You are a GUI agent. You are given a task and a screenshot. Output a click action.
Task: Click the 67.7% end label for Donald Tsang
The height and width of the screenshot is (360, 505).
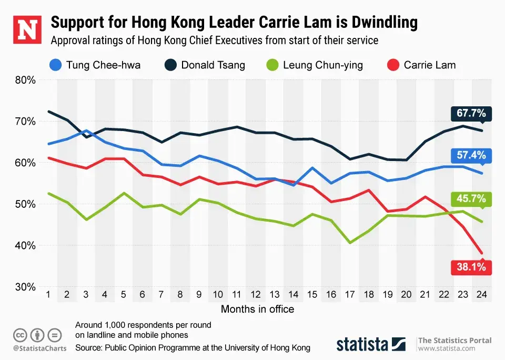[471, 114]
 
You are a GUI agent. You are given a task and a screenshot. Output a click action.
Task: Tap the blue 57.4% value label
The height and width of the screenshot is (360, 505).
[471, 155]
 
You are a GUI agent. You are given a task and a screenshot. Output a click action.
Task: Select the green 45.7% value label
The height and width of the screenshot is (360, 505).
[471, 199]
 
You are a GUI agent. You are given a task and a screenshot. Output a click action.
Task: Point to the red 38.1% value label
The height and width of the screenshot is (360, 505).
[471, 267]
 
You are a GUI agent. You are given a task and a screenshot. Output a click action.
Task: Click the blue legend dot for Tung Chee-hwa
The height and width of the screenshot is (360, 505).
[54, 65]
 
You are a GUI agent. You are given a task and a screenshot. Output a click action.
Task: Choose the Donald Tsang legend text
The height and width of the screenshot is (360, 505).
[213, 65]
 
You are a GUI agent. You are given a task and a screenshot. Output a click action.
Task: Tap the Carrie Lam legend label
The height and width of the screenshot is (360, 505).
[429, 65]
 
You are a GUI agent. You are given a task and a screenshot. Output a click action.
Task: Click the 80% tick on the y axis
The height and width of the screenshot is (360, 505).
[25, 80]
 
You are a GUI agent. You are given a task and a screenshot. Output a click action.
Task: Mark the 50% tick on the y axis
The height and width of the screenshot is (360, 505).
[25, 204]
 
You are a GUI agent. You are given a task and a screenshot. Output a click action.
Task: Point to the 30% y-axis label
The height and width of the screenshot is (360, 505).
[25, 287]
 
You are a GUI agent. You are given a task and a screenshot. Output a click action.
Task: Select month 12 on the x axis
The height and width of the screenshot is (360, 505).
[255, 295]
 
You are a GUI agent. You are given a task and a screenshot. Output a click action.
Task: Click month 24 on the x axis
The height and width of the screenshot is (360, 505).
[481, 295]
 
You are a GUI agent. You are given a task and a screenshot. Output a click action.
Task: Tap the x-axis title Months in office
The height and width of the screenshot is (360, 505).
[257, 309]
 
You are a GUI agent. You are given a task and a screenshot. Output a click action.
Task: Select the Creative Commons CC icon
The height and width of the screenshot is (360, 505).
[20, 335]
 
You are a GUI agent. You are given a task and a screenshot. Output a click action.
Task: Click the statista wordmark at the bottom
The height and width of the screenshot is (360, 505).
[363, 345]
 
